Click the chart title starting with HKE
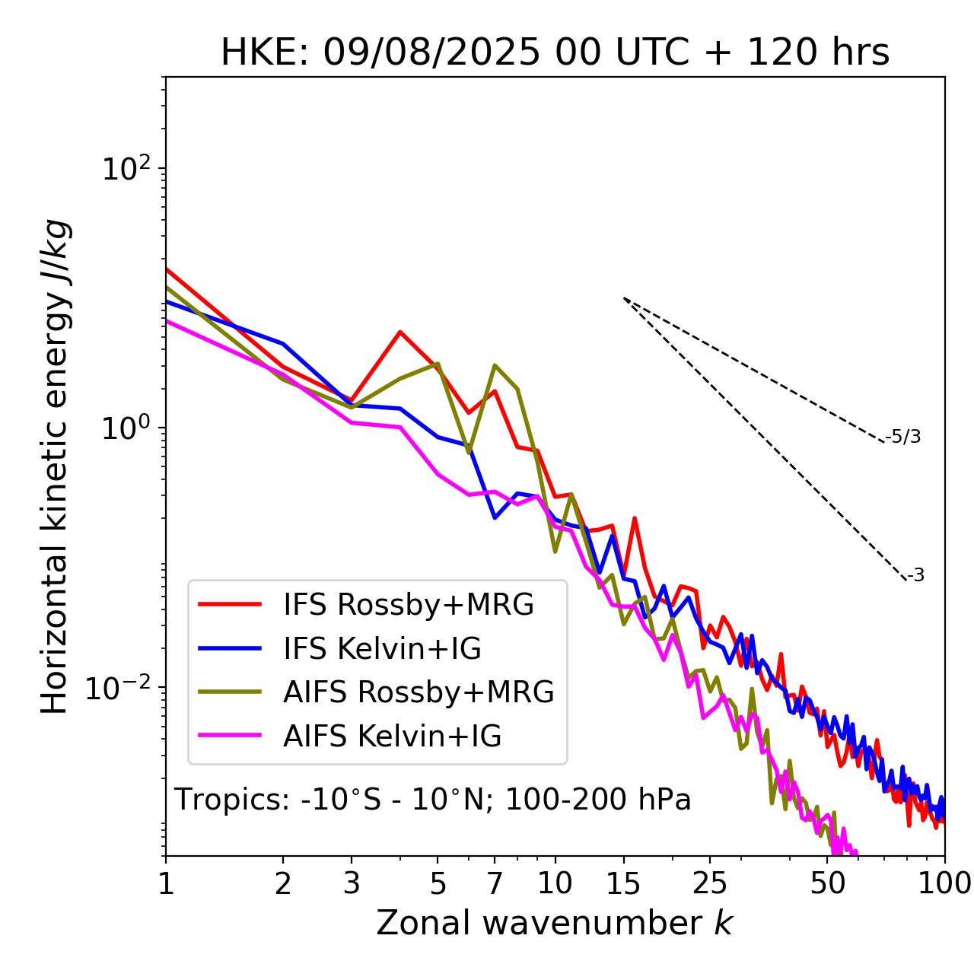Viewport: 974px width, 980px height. pyautogui.click(x=555, y=53)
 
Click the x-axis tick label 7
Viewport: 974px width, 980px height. pyautogui.click(x=495, y=883)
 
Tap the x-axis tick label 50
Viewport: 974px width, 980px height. pyautogui.click(x=827, y=883)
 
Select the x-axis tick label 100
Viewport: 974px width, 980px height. pyautogui.click(x=944, y=883)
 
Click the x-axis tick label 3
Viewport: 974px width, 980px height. pyautogui.click(x=352, y=883)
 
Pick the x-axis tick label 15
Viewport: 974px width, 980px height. pyautogui.click(x=623, y=883)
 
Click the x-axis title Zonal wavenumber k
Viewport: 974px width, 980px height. pyautogui.click(x=554, y=923)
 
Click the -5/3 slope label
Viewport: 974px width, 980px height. pyautogui.click(x=903, y=437)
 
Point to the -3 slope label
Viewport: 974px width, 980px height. pyautogui.click(x=915, y=576)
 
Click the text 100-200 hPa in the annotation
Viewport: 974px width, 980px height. pyautogui.click(x=598, y=800)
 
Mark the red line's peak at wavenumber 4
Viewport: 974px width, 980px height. pyautogui.click(x=400, y=332)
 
